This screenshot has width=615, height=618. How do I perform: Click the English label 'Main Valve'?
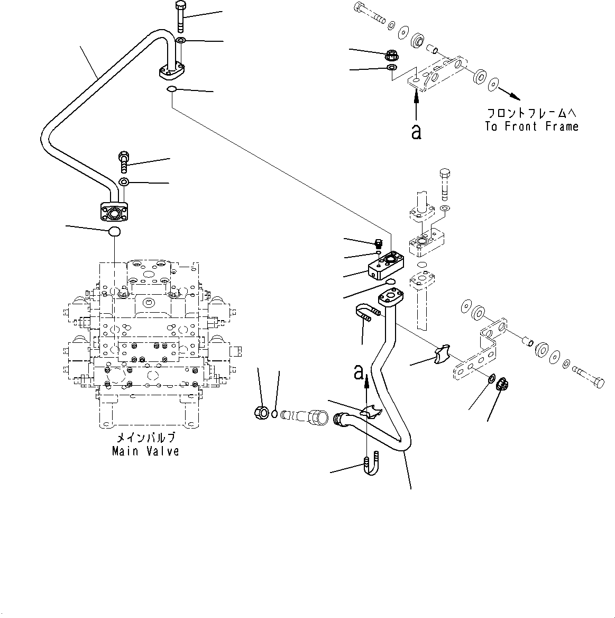145,451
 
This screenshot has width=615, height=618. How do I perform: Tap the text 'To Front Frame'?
531,126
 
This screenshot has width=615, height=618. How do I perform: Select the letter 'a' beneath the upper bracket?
417,132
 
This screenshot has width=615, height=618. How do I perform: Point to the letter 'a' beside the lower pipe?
359,373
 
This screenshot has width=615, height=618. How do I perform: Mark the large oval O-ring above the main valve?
114,231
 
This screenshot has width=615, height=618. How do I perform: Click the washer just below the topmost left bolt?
181,41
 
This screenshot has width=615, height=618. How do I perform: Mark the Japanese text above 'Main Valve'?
145,438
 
